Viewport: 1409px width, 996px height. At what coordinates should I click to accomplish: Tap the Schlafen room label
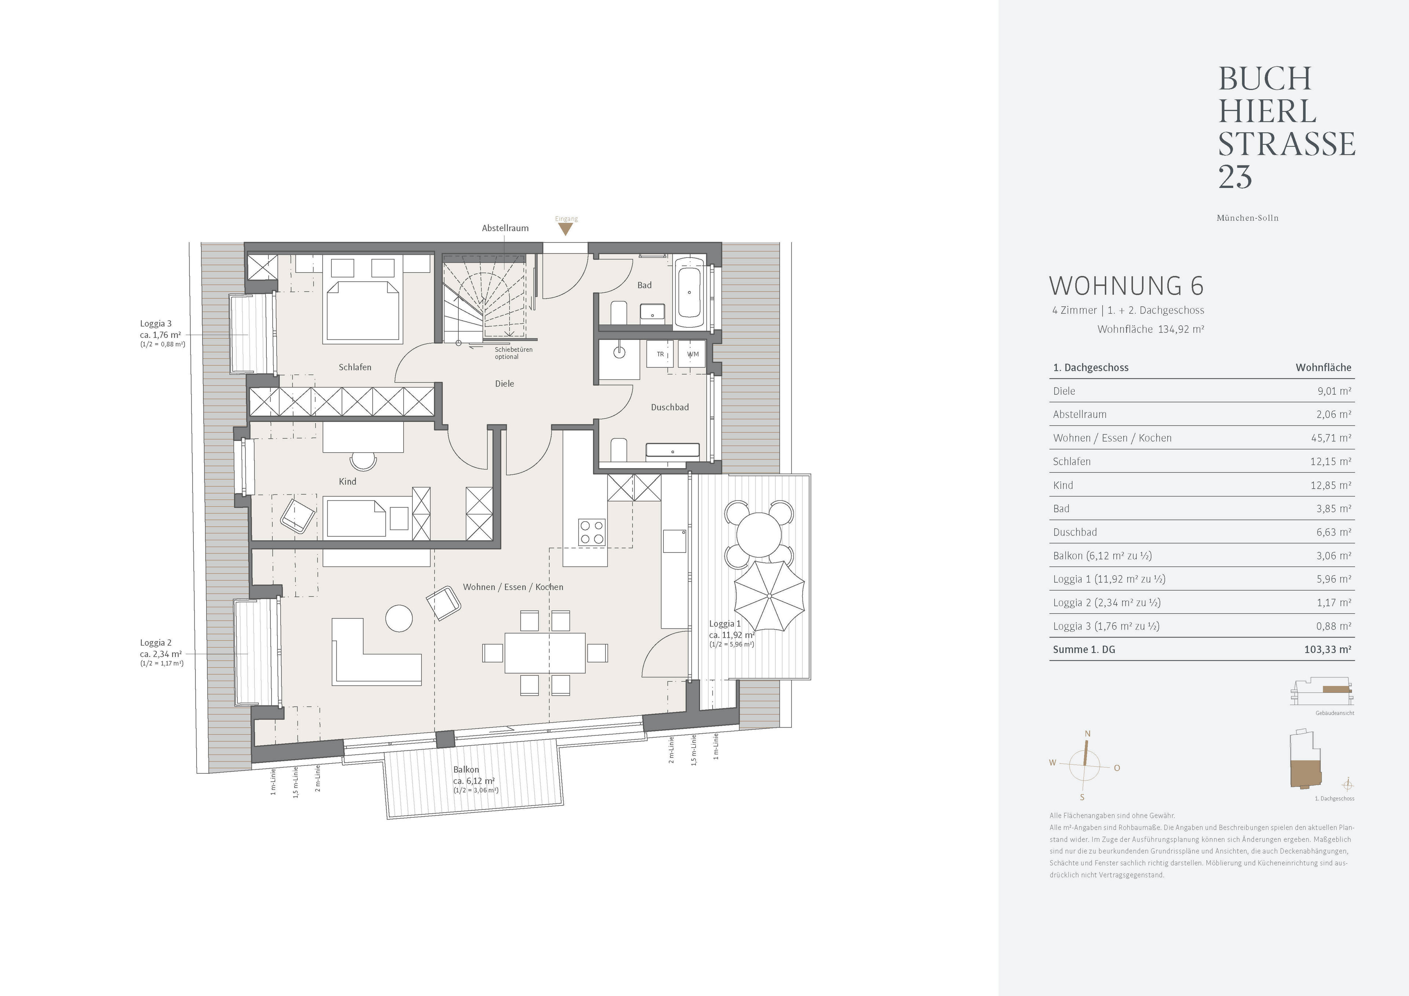[x=355, y=367]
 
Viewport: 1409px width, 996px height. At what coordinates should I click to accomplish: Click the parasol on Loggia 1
[x=769, y=595]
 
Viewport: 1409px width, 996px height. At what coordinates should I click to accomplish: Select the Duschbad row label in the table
[x=1075, y=532]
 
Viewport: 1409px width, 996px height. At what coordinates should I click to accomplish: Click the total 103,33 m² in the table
[x=1328, y=649]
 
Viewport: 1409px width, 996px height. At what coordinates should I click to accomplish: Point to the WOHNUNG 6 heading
[x=1126, y=286]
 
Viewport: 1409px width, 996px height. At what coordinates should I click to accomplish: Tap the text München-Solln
[x=1248, y=218]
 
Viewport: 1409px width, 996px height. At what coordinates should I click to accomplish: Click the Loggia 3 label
[x=156, y=324]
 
